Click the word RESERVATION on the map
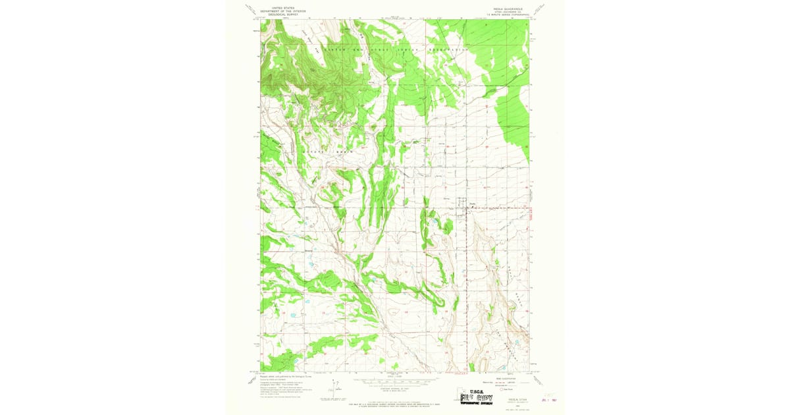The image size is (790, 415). tap(446, 49)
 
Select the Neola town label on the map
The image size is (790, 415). tap(472, 203)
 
